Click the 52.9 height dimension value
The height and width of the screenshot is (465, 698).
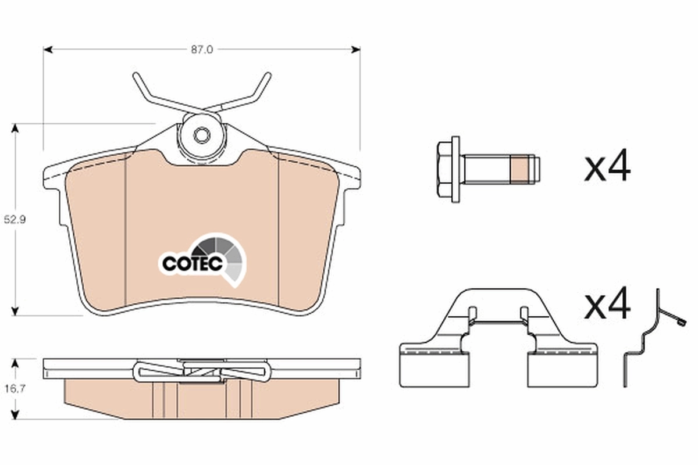tap(16, 220)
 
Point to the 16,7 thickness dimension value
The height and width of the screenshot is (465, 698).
tap(16, 389)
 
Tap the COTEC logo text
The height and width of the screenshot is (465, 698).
tap(192, 264)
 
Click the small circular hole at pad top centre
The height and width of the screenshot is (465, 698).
tap(201, 135)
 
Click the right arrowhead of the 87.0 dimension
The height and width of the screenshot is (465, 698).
tap(356, 50)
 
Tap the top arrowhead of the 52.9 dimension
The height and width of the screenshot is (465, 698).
tap(16, 127)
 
